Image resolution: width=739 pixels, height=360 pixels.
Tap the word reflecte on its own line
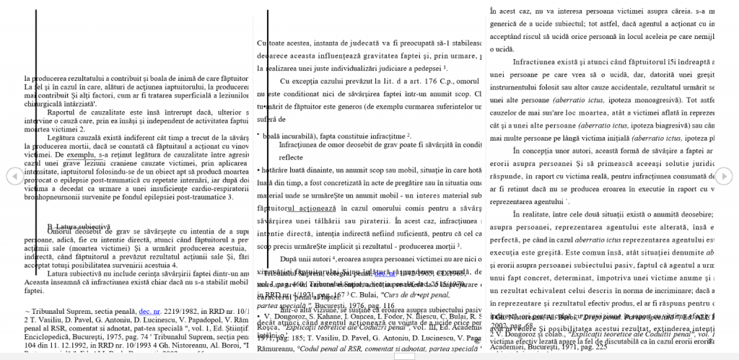click(291, 157)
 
